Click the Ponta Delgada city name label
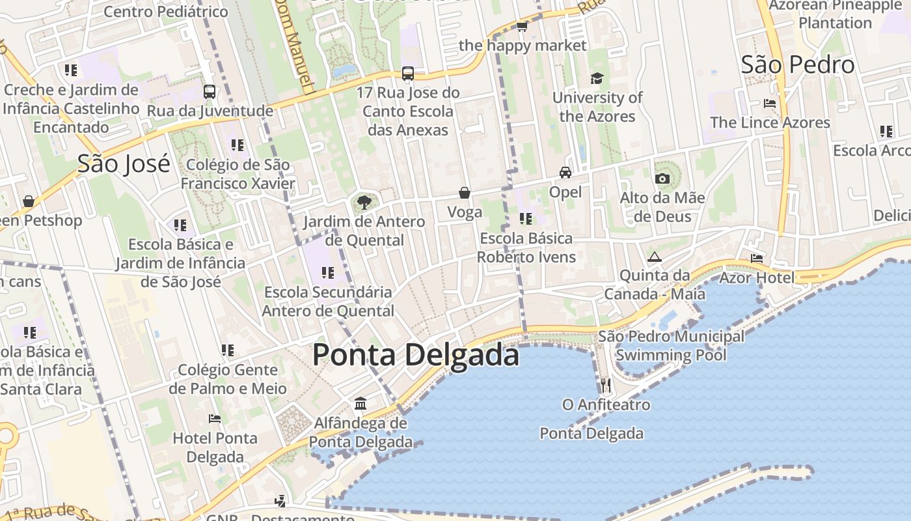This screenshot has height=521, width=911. (416, 356)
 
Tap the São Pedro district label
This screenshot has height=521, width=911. (797, 65)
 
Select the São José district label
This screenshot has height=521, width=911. (124, 163)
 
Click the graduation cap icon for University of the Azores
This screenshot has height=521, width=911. (597, 79)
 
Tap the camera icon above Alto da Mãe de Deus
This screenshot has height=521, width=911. (662, 178)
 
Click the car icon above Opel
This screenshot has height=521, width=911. (565, 173)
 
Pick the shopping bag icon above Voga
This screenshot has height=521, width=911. (465, 193)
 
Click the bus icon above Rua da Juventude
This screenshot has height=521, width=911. (210, 92)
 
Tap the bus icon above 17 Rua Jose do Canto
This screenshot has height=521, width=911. (408, 74)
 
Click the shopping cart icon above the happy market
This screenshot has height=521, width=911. (522, 27)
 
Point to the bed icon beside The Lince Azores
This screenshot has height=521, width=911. (770, 104)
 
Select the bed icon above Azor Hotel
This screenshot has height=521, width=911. (756, 259)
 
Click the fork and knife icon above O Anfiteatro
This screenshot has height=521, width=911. (606, 385)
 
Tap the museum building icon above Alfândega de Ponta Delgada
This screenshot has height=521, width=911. (360, 404)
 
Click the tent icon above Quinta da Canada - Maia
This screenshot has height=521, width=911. (654, 257)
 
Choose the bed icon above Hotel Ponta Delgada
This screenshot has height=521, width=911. (215, 418)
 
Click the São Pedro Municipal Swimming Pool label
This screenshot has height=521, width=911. (671, 346)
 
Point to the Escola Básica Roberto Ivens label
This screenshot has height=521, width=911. (526, 247)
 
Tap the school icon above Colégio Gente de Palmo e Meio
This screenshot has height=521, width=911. (228, 350)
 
